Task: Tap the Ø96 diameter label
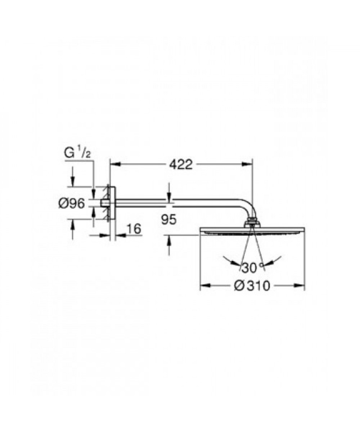pos(72,203)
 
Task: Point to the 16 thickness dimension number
pos(134,228)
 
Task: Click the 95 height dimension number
pos(169,220)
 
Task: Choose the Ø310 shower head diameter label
pos(252,286)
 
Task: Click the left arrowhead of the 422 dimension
pos(115,164)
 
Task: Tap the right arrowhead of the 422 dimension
pos(247,164)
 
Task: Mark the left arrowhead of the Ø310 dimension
pos(205,285)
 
